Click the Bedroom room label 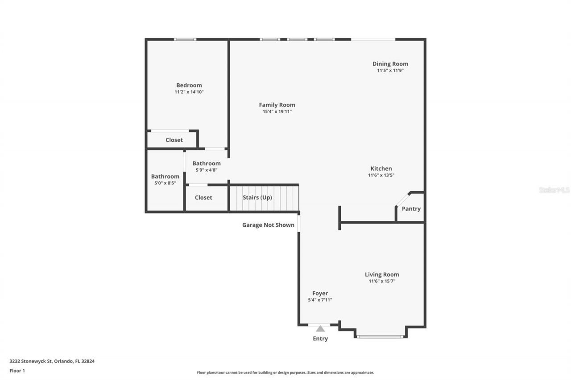189,85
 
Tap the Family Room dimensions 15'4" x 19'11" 277,112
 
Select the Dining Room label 390,64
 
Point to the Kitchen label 381,168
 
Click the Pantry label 411,208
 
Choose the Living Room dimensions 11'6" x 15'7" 382,281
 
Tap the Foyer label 320,293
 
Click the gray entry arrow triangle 320,329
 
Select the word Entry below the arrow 320,339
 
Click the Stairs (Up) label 257,197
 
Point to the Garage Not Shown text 268,225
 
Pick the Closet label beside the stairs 203,197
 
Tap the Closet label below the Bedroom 174,140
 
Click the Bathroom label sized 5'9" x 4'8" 207,163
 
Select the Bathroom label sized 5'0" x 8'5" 165,176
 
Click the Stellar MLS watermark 554,190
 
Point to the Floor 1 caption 17,371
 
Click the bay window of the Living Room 381,336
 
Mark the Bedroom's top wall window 185,39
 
